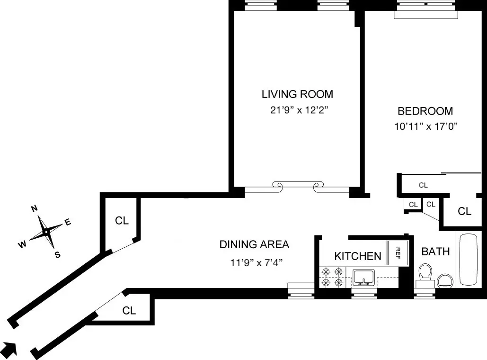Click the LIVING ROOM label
[x=297, y=94]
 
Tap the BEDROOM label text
[x=425, y=111]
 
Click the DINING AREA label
[x=254, y=244]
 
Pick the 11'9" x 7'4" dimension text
[x=256, y=262]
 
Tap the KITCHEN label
[x=358, y=256]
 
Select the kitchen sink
[x=363, y=277]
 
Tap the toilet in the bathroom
[x=425, y=275]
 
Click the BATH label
[x=435, y=252]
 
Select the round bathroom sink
[x=445, y=280]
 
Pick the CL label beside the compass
[x=122, y=221]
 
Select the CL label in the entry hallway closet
[x=129, y=311]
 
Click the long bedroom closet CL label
[x=423, y=185]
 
